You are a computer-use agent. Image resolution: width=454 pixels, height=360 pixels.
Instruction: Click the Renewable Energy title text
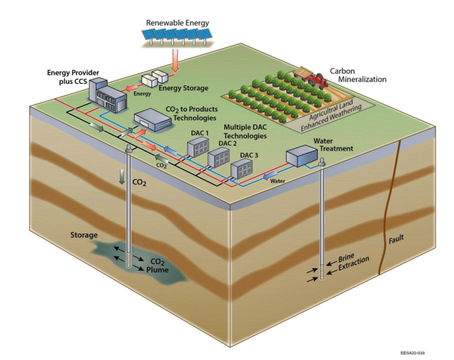[177, 22]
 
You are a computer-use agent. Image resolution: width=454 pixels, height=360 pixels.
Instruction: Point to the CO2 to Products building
[153, 121]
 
